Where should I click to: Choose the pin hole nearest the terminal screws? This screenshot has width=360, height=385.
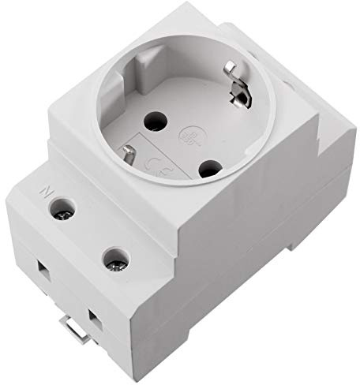pyautogui.click(x=209, y=168)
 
